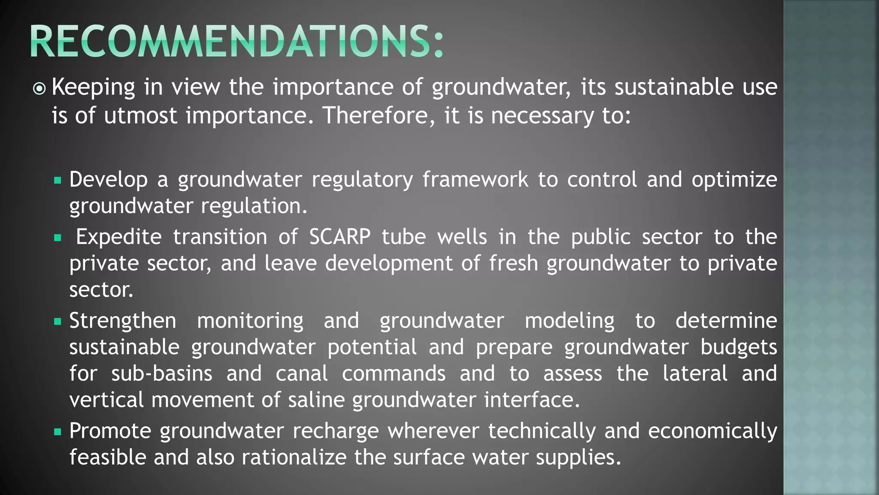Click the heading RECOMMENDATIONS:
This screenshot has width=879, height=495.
point(236,41)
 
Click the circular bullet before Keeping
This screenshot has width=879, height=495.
point(39,89)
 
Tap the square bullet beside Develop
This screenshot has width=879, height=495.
point(58,180)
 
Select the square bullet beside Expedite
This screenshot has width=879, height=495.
point(58,238)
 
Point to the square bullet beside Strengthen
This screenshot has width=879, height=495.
point(58,321)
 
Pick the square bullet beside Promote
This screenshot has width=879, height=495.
point(58,431)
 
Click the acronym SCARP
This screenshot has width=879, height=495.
point(339,237)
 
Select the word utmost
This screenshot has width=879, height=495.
point(140,116)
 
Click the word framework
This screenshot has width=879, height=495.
point(475,180)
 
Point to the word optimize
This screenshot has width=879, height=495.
point(734,180)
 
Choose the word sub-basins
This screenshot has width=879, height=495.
point(162,373)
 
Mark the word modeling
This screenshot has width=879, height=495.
point(570,321)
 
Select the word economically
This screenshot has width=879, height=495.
point(712,431)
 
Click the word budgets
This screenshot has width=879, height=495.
point(739,347)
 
